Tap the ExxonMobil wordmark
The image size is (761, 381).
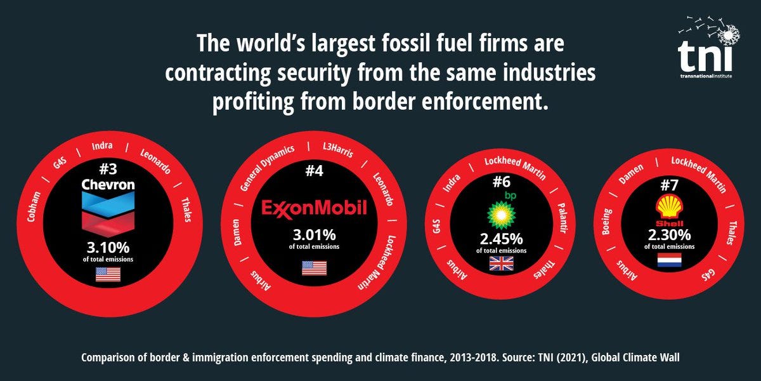click(x=315, y=208)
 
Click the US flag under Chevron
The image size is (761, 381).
click(x=108, y=274)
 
